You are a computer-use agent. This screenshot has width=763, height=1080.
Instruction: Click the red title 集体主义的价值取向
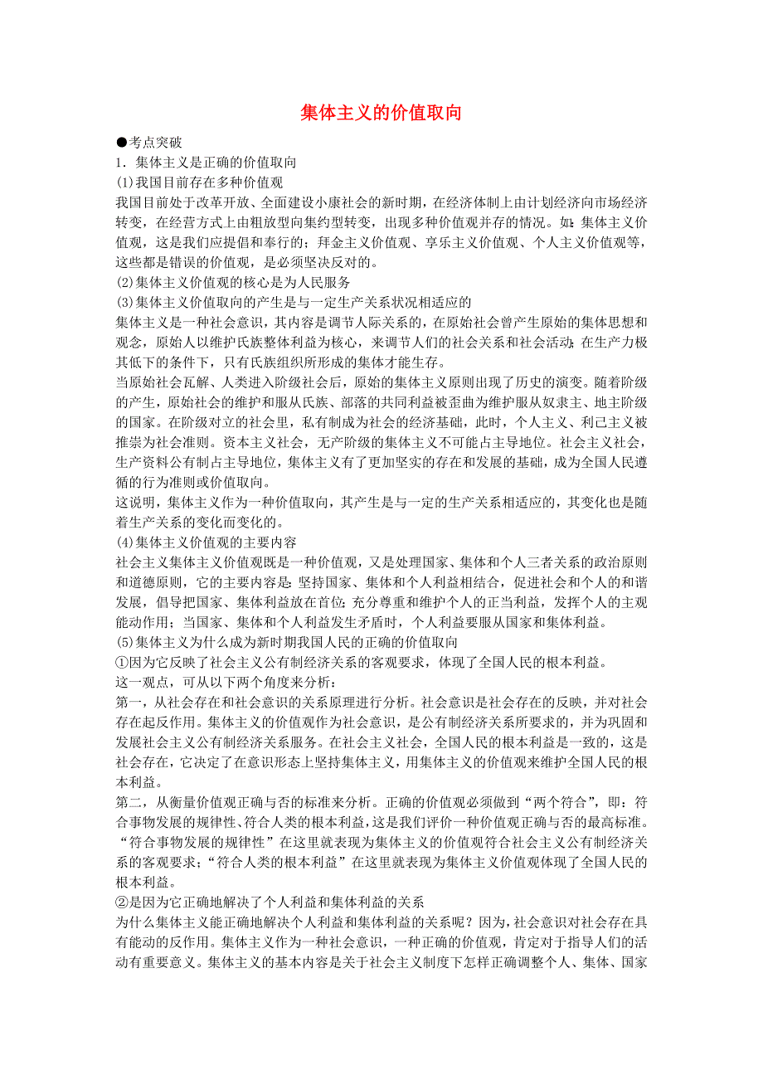tap(381, 114)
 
